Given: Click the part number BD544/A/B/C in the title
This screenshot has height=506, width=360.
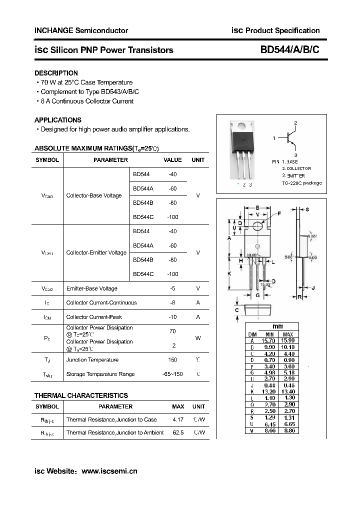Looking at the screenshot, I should click(x=289, y=50).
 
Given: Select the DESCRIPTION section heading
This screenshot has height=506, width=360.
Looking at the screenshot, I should click(x=56, y=73).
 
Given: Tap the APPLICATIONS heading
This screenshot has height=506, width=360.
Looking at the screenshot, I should click(x=57, y=120).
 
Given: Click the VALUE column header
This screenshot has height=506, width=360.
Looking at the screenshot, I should click(x=173, y=160).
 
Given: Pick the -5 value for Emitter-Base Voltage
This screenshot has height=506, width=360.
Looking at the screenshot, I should click(x=173, y=288).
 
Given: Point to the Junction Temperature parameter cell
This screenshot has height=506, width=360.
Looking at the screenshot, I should click(x=92, y=360).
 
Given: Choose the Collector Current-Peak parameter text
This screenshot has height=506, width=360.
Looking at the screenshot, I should click(x=94, y=317).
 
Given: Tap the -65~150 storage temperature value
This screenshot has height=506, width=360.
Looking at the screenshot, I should click(x=173, y=374).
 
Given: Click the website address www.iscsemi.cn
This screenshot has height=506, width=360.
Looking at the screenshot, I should click(x=109, y=471).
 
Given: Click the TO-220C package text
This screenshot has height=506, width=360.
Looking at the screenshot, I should click(x=302, y=183).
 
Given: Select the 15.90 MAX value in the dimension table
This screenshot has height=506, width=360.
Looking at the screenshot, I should click(x=288, y=340).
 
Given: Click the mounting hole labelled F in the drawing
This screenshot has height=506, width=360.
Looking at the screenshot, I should click(x=257, y=226).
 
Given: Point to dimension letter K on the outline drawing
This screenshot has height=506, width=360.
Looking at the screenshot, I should click(x=229, y=274).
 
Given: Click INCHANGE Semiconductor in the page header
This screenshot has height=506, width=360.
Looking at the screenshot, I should click(x=81, y=30).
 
